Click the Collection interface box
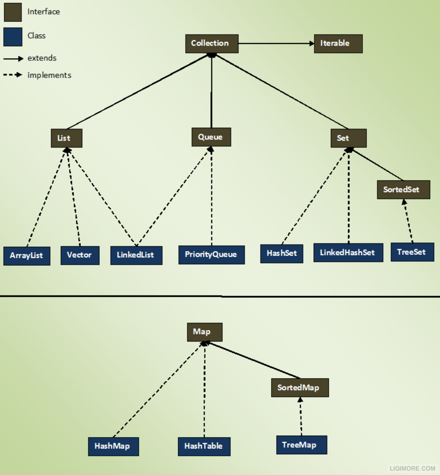pyautogui.click(x=212, y=44)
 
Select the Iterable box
pyautogui.click(x=338, y=44)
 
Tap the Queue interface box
pyautogui.click(x=211, y=137)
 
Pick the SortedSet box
pyautogui.click(x=403, y=190)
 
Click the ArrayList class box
pyautogui.click(x=27, y=256)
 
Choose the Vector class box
pyautogui.click(x=80, y=255)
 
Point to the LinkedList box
pyautogui.click(x=136, y=255)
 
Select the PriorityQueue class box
pyautogui.click(x=212, y=255)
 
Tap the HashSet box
pyautogui.click(x=282, y=254)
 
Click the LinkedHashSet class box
pyautogui.click(x=348, y=253)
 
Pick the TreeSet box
pyautogui.click(x=412, y=252)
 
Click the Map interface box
pyautogui.click(x=205, y=332)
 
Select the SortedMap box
pyautogui.click(x=300, y=388)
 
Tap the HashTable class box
pyautogui.click(x=204, y=446)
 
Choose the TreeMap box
pyautogui.click(x=302, y=445)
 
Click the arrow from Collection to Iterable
pyautogui.click(x=276, y=43)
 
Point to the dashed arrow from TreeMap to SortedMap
pyautogui.click(x=301, y=416)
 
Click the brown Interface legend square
pyautogui.click(x=13, y=12)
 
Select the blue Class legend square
pyautogui.click(x=13, y=37)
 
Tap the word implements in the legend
pyautogui.click(x=49, y=75)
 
